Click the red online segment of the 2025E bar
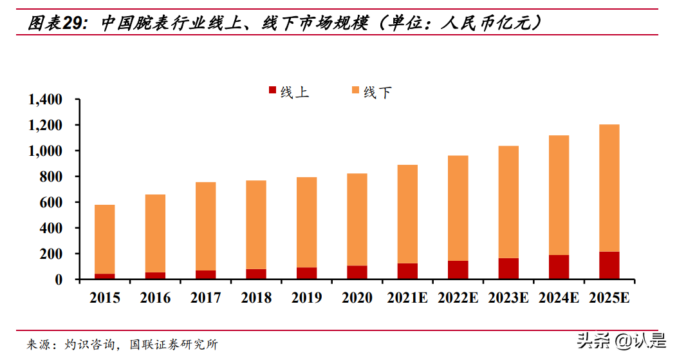click(609, 265)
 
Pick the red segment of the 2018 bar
click(255, 274)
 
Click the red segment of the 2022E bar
click(458, 270)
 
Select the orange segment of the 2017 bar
click(205, 226)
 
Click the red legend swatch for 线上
click(272, 91)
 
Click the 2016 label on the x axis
click(155, 298)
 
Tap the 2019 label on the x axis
click(306, 298)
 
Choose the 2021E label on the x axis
click(407, 298)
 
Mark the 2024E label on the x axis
click(559, 298)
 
